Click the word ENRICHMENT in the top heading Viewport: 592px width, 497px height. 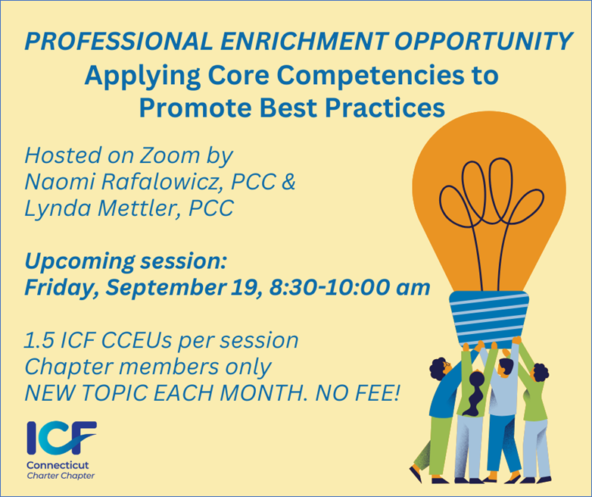point(304,41)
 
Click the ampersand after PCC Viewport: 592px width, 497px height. point(288,181)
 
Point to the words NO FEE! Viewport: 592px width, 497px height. point(357,393)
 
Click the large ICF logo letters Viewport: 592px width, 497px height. point(61,438)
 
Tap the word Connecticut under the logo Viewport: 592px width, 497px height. point(58,465)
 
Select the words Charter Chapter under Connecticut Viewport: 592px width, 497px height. point(61,476)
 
